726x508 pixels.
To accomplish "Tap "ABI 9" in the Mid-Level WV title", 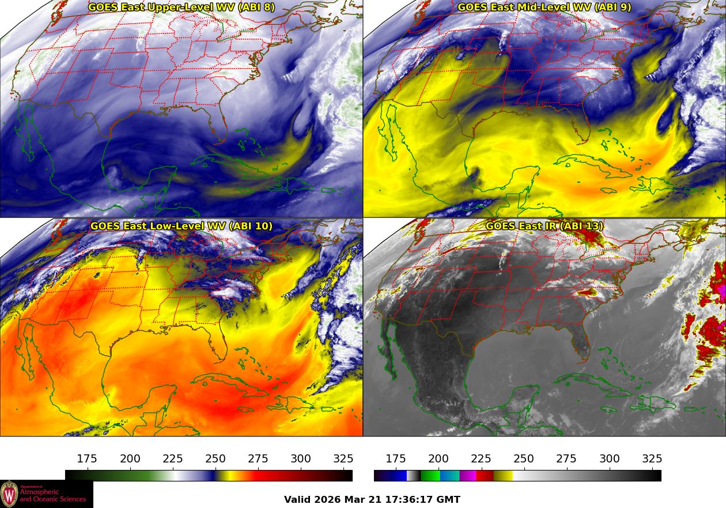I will (614, 7).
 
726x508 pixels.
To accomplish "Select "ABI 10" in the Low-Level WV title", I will (251, 226).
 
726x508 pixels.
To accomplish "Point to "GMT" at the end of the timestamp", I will (449, 499).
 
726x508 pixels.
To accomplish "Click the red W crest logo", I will (10, 494).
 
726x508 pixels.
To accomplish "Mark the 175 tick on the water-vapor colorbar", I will (87, 459).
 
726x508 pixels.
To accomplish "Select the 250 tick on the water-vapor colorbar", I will (215, 459).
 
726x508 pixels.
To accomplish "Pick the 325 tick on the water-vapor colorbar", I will (343, 459).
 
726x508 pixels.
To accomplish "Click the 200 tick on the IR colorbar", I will (438, 459).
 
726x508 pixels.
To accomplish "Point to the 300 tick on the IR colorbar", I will (610, 459).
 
